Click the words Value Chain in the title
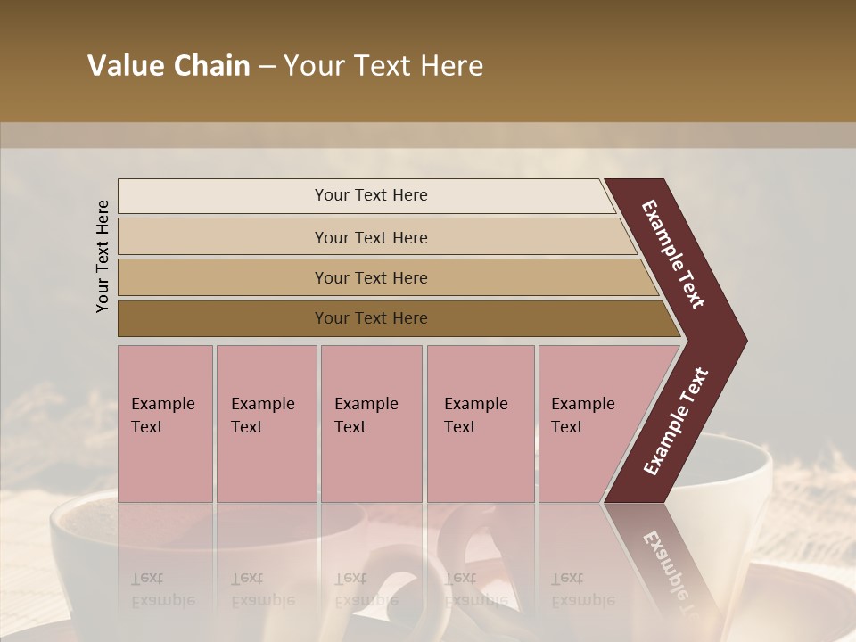point(169,66)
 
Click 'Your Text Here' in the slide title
point(383,66)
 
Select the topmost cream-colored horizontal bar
point(223,195)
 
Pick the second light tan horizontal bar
point(223,237)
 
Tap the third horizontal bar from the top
point(223,277)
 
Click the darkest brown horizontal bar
point(223,318)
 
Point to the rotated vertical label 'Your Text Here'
point(103,257)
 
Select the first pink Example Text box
point(165,424)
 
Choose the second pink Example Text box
point(266,424)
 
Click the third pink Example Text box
point(371,424)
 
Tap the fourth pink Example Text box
point(481,424)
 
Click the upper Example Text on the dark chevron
point(673,254)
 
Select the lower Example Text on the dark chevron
point(676,422)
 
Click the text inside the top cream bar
point(371,195)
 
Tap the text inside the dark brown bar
point(371,318)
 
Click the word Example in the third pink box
point(366,404)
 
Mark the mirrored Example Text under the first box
point(162,588)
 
